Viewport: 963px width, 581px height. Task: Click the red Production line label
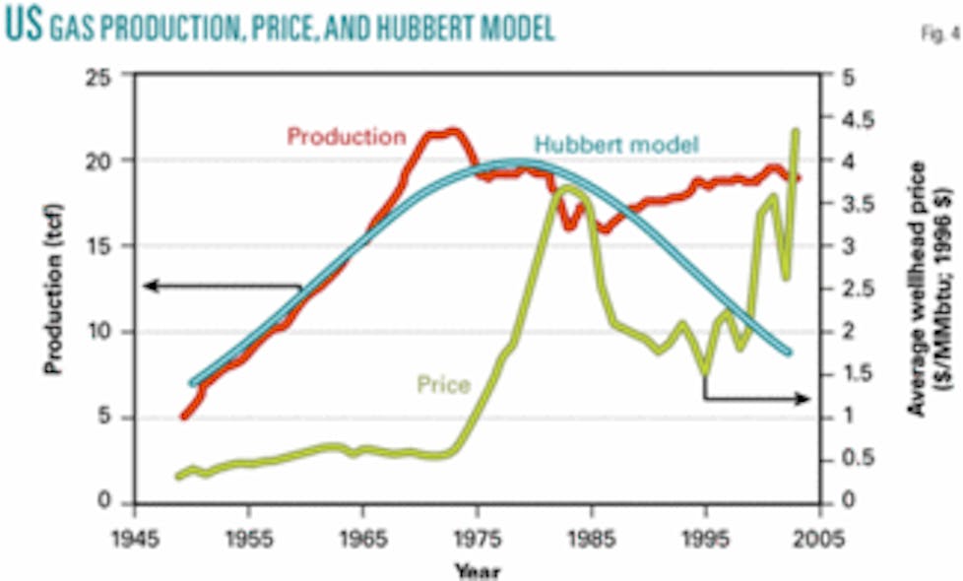point(346,136)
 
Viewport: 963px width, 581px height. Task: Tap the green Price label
point(443,384)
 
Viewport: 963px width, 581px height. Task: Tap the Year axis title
point(477,569)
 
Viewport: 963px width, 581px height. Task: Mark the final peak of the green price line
point(796,131)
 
